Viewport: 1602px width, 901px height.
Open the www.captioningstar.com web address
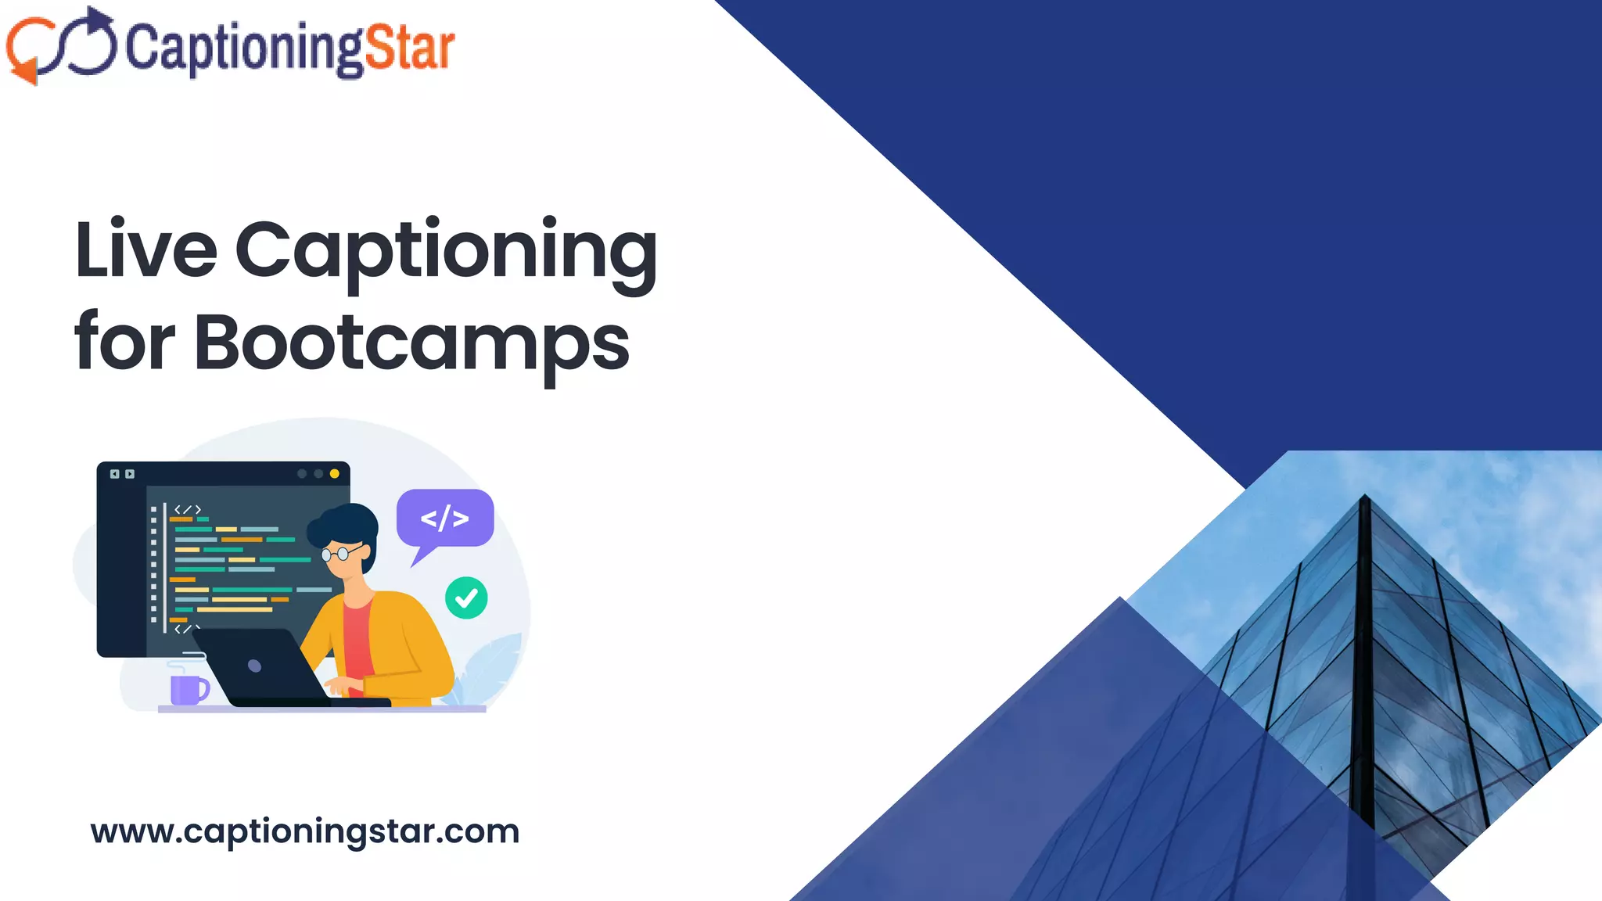(305, 831)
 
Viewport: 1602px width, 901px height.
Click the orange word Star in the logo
(409, 48)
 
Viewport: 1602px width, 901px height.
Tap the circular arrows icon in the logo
(61, 45)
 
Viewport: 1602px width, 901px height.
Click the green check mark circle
(466, 598)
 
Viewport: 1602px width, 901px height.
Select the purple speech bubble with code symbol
(445, 518)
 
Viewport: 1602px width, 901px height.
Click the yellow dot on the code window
(335, 474)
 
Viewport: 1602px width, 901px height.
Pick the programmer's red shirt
(357, 641)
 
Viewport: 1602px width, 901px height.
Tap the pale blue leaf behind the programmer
(493, 665)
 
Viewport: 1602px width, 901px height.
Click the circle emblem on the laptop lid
(254, 666)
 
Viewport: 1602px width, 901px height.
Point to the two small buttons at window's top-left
(122, 474)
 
